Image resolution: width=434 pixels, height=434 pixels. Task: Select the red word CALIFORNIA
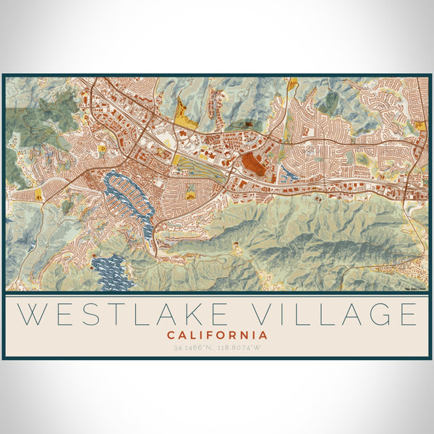(x=217, y=336)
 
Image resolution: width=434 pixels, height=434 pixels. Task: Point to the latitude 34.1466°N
(x=192, y=348)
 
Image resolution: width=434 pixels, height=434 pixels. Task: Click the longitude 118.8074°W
(x=242, y=348)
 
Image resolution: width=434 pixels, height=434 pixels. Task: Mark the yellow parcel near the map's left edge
(x=38, y=195)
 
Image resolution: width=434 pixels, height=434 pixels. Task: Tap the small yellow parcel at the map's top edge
(x=293, y=84)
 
